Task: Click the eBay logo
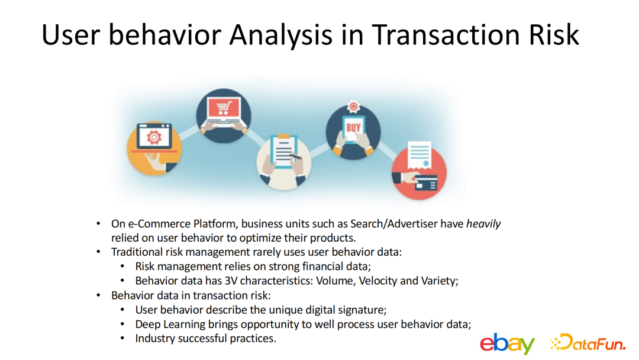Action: point(507,343)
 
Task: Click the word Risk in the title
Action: point(554,35)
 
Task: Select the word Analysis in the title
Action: point(281,36)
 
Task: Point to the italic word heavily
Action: point(483,224)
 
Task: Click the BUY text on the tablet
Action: point(353,128)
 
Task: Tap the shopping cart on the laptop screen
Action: point(223,108)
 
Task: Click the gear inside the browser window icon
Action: point(154,137)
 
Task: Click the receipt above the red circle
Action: point(419,155)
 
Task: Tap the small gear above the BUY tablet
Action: point(353,107)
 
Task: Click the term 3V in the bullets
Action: point(231,281)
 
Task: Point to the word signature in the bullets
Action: point(364,310)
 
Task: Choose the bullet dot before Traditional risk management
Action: point(98,252)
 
